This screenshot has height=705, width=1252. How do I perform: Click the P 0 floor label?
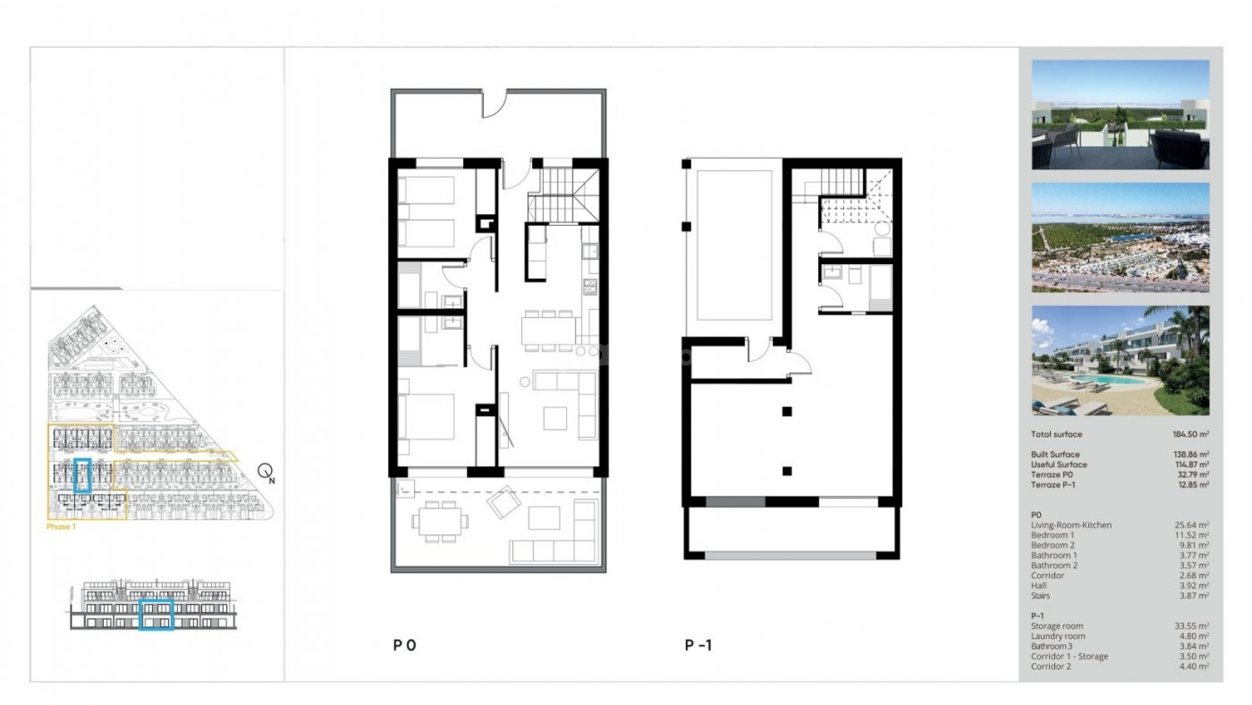[x=404, y=646]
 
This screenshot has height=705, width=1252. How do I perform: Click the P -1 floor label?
[x=698, y=646]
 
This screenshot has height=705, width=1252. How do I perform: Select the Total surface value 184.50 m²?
[x=1190, y=434]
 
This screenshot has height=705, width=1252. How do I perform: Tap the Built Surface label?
[x=1055, y=454]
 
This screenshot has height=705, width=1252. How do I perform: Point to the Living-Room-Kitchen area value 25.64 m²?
[x=1191, y=525]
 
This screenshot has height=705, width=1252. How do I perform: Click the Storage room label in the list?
[x=1056, y=626]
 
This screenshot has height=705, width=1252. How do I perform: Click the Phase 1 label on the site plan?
[x=61, y=526]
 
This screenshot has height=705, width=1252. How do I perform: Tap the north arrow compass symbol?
[x=265, y=471]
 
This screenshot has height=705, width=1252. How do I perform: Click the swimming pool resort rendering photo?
[x=1120, y=360]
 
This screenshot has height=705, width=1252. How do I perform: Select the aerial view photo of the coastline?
[x=1120, y=238]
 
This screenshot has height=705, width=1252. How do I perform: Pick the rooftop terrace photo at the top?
[x=1120, y=115]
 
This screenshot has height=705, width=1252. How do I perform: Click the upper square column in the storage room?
[x=787, y=411]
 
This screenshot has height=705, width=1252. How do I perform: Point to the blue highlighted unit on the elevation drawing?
[x=156, y=615]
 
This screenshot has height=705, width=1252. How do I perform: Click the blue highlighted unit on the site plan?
[x=82, y=475]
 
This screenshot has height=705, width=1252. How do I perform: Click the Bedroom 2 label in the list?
[x=1052, y=545]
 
